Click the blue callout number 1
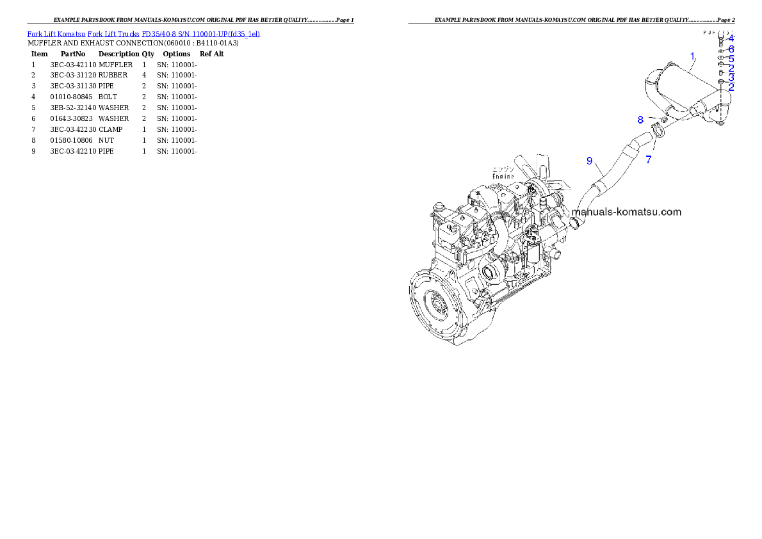[692, 56]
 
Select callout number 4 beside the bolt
[731, 38]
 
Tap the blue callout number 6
[731, 49]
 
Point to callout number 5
[731, 58]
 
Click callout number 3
[731, 77]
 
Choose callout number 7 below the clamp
[649, 160]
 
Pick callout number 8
[640, 120]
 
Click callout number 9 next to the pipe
[590, 161]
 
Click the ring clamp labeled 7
[656, 133]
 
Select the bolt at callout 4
[721, 38]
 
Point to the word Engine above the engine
[504, 175]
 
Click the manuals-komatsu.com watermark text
[626, 212]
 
